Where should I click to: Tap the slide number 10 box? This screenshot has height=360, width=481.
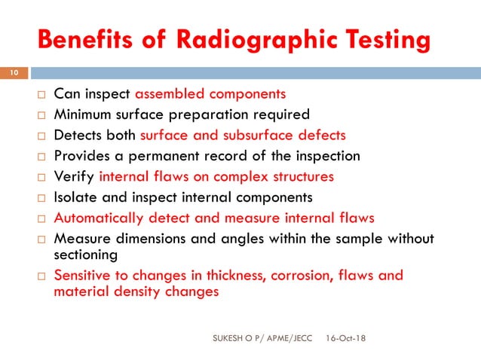pos(14,73)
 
